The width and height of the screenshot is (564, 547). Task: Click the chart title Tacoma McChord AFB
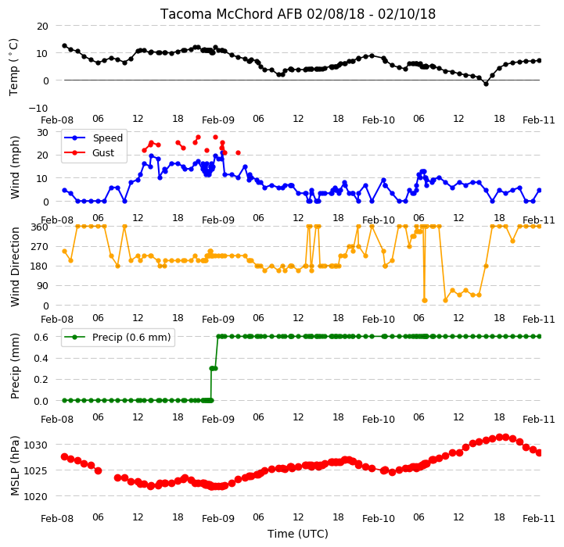(x=232, y=14)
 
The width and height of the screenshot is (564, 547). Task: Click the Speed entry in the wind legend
(x=107, y=138)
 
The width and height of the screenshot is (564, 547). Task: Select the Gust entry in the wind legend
(x=103, y=152)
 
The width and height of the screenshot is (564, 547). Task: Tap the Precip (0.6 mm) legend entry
(x=131, y=337)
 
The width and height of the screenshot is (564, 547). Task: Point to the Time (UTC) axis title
(x=298, y=534)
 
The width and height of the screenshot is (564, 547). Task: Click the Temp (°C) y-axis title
(x=13, y=67)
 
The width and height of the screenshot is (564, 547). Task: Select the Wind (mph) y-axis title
(x=14, y=167)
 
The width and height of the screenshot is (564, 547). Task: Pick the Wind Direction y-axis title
(x=15, y=266)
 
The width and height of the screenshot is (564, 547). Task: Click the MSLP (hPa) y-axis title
(x=14, y=466)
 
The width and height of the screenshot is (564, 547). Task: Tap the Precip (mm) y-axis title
(x=14, y=366)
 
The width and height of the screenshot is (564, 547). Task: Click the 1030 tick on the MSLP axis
(x=36, y=445)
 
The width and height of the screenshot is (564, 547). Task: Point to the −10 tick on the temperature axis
(x=38, y=108)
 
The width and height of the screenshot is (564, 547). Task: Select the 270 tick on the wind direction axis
(x=40, y=247)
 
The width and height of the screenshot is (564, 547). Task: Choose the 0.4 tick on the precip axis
(x=41, y=359)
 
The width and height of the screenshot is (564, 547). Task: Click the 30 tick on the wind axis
(x=42, y=132)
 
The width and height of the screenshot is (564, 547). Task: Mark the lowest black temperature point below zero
(x=486, y=84)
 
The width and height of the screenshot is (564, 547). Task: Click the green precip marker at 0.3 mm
(x=213, y=368)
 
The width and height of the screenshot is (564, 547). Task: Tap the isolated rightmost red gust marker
(x=238, y=152)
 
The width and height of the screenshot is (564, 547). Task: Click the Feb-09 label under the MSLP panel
(x=218, y=519)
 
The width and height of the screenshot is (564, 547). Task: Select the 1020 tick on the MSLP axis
(x=36, y=497)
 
